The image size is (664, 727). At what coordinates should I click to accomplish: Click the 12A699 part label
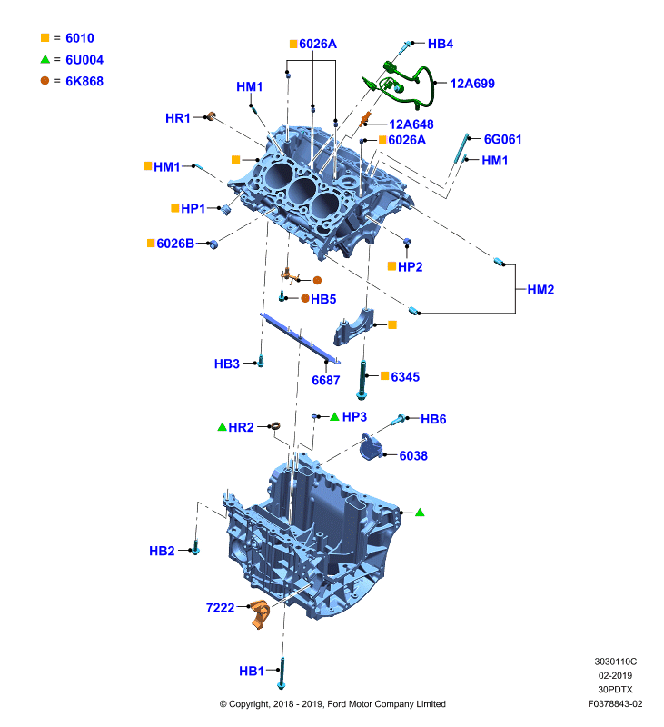[x=472, y=84]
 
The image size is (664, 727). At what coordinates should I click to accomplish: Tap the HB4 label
[x=441, y=44]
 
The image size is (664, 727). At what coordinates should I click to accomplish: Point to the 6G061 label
[x=502, y=139]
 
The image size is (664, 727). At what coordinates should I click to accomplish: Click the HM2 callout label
[x=540, y=290]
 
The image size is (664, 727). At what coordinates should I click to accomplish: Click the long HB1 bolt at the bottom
[x=282, y=672]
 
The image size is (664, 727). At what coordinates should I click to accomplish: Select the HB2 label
[x=162, y=551]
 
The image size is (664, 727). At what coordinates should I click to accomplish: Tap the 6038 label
[x=413, y=456]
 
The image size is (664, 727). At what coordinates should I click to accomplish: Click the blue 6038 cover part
[x=372, y=447]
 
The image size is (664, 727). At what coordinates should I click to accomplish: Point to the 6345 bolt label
[x=405, y=377]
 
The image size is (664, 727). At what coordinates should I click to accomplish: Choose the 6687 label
[x=326, y=380]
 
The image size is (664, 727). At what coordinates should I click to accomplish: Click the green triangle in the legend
[x=45, y=59]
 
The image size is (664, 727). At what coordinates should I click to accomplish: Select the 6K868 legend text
[x=84, y=81]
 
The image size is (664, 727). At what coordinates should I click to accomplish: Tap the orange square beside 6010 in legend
[x=45, y=37]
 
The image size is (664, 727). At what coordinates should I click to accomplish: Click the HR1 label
[x=178, y=118]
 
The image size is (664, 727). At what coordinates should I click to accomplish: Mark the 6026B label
[x=175, y=244]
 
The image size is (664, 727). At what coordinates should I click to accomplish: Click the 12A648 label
[x=411, y=124]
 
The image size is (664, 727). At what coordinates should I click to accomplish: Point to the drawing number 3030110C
[x=615, y=662]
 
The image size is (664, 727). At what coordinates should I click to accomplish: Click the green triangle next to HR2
[x=222, y=426]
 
